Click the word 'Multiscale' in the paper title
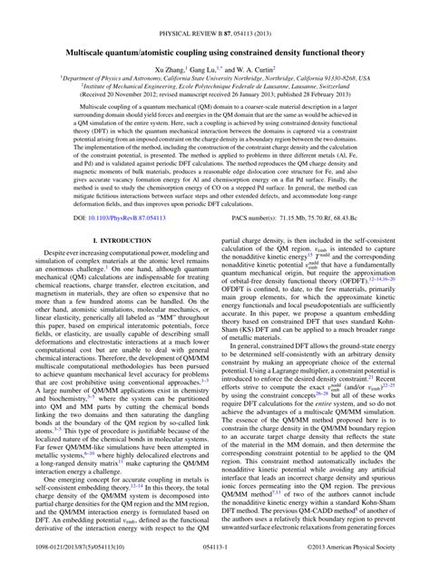coord(94,28)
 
